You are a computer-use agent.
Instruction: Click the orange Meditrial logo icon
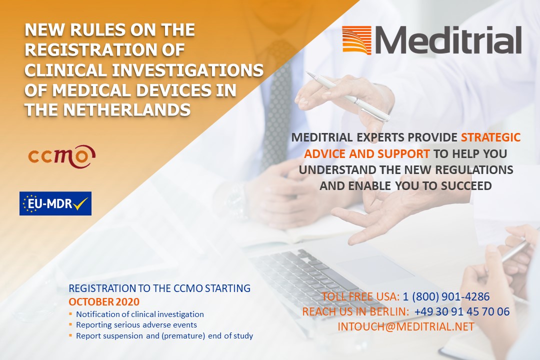(357, 40)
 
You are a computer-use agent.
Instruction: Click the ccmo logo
(61, 156)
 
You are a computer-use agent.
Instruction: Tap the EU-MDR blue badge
(55, 203)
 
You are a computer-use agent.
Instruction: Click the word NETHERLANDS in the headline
(126, 110)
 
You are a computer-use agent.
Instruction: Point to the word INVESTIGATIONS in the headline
(188, 70)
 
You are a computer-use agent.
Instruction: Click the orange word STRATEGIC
(491, 137)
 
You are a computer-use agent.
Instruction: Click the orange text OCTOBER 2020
(104, 302)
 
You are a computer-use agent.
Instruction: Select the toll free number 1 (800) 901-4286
(446, 296)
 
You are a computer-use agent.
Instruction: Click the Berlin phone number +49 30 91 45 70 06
(462, 311)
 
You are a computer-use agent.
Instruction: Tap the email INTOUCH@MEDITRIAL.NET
(406, 326)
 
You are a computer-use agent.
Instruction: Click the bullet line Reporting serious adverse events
(136, 325)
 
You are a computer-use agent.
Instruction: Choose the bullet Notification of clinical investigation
(140, 314)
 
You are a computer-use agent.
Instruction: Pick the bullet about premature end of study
(164, 336)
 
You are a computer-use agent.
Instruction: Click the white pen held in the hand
(348, 96)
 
